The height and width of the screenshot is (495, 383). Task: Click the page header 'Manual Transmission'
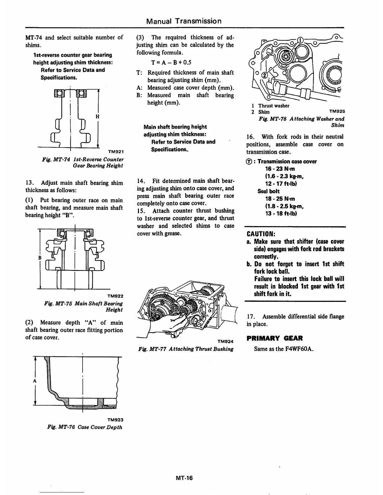tap(184, 21)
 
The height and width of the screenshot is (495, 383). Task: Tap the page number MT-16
tap(184, 477)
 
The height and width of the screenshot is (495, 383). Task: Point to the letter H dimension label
tap(97, 116)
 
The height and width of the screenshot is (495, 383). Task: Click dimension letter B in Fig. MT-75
tap(40, 257)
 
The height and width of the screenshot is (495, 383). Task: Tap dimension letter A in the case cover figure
tap(35, 381)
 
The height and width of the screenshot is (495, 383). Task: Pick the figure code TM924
tap(225, 342)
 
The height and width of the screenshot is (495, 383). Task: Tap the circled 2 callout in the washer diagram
tap(265, 75)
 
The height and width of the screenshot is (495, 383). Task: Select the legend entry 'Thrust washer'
tap(273, 106)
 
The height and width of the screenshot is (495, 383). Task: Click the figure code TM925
tap(337, 111)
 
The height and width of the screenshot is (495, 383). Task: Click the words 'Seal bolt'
tap(268, 191)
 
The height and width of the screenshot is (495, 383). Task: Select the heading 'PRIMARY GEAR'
tap(274, 338)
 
